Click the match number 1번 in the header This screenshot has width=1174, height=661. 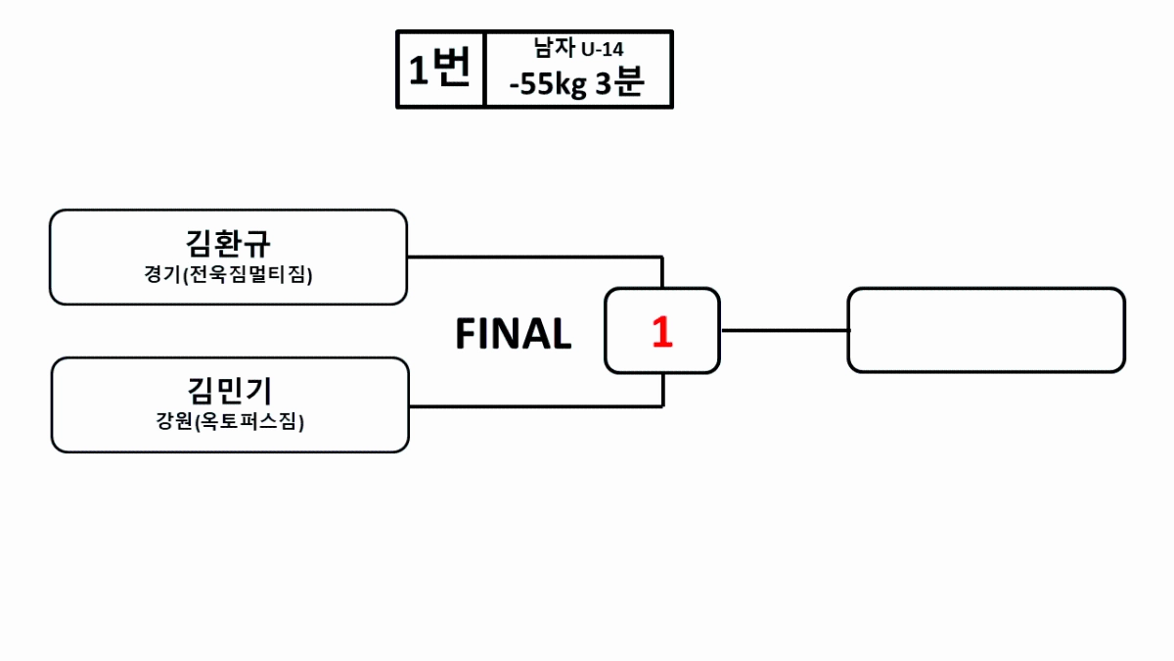click(439, 70)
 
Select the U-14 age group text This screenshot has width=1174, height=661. click(603, 48)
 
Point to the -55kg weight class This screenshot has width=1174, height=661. click(547, 84)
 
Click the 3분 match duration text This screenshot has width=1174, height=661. click(619, 84)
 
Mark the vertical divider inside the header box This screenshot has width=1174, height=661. click(485, 69)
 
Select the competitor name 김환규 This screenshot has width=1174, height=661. click(228, 243)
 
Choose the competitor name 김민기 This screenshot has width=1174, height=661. click(229, 391)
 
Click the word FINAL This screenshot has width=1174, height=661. click(513, 335)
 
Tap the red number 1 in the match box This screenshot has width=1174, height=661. click(662, 333)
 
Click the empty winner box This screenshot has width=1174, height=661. click(986, 330)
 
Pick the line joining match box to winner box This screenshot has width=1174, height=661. click(784, 330)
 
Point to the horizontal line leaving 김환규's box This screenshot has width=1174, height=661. click(534, 258)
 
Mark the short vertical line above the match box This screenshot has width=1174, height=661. click(663, 272)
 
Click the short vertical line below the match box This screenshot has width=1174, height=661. click(663, 390)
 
